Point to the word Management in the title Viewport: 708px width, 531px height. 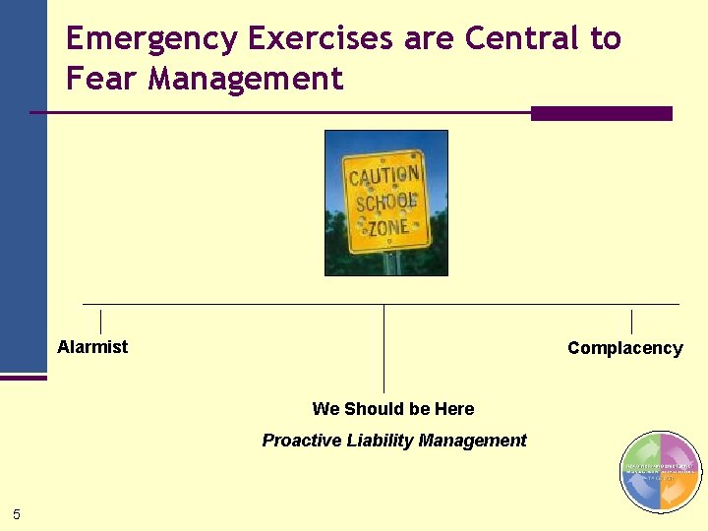click(246, 78)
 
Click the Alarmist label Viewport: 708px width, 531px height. click(92, 346)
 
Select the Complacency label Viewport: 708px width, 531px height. click(624, 348)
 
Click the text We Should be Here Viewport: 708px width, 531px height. click(392, 409)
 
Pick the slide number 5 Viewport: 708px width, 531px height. click(17, 513)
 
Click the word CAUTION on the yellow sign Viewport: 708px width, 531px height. click(384, 178)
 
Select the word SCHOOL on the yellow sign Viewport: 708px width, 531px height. click(386, 203)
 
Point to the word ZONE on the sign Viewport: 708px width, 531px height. click(388, 227)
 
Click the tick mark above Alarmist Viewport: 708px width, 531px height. click(100, 322)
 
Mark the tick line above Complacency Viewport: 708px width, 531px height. click(631, 322)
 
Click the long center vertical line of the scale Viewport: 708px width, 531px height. click(383, 349)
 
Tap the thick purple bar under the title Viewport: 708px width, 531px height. click(601, 113)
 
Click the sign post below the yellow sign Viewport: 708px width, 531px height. click(391, 264)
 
